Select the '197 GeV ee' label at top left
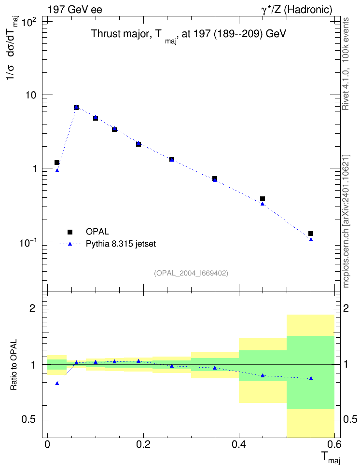point(75,10)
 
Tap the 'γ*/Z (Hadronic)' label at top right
point(297,10)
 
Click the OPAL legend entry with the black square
point(88,232)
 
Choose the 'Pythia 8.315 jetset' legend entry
point(108,244)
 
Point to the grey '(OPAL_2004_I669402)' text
point(191,273)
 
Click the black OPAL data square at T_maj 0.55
point(311,234)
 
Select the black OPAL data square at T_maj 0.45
point(263,199)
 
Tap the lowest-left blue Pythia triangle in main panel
point(57,170)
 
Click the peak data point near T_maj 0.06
point(76,108)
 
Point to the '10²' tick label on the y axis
point(28,23)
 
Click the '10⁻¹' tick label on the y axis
point(28,243)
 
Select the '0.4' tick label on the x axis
point(239,445)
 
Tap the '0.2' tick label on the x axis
point(143,445)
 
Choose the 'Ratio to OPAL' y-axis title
point(14,364)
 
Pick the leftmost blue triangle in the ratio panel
point(57,383)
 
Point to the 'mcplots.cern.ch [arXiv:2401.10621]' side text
point(346,221)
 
